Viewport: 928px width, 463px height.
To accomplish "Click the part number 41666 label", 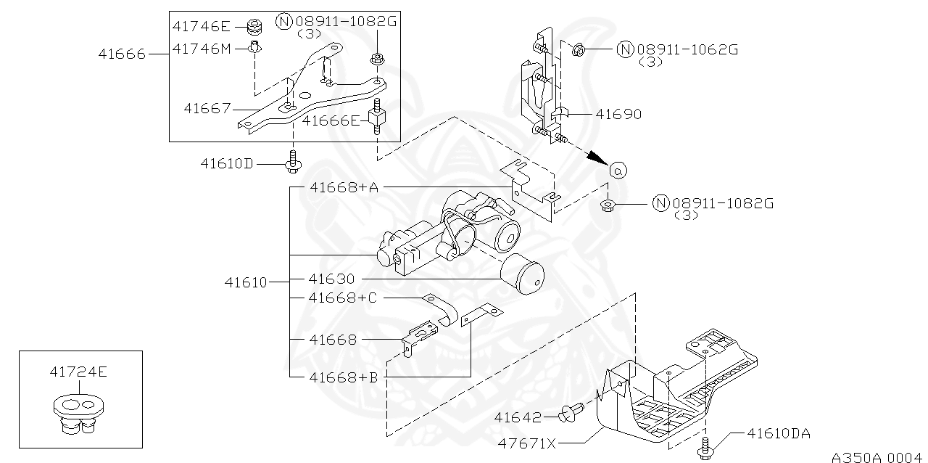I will pyautogui.click(x=123, y=54).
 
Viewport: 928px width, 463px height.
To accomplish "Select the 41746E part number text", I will pyautogui.click(x=201, y=27).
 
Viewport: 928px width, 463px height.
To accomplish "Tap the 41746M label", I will pyautogui.click(x=202, y=49).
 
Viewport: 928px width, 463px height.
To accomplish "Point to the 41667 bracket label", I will pyautogui.click(x=207, y=109).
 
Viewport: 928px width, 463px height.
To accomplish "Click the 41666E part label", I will pyautogui.click(x=331, y=120).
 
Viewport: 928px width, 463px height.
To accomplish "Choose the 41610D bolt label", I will pyautogui.click(x=227, y=163).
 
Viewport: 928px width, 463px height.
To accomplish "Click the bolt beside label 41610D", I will pyautogui.click(x=292, y=163).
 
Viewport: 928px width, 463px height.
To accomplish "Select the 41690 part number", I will pyautogui.click(x=618, y=114).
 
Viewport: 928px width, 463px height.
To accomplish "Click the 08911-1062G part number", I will pyautogui.click(x=687, y=49).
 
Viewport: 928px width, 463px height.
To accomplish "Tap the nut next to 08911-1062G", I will pyautogui.click(x=579, y=50).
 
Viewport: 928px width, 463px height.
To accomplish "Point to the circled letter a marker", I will pyautogui.click(x=618, y=170).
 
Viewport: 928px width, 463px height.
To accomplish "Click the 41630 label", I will pyautogui.click(x=331, y=279).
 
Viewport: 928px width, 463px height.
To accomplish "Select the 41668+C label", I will pyautogui.click(x=343, y=298).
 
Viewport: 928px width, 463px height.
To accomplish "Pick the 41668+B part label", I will pyautogui.click(x=343, y=377).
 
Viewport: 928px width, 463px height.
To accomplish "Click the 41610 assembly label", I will pyautogui.click(x=245, y=282).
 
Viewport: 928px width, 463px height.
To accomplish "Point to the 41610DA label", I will pyautogui.click(x=778, y=434).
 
